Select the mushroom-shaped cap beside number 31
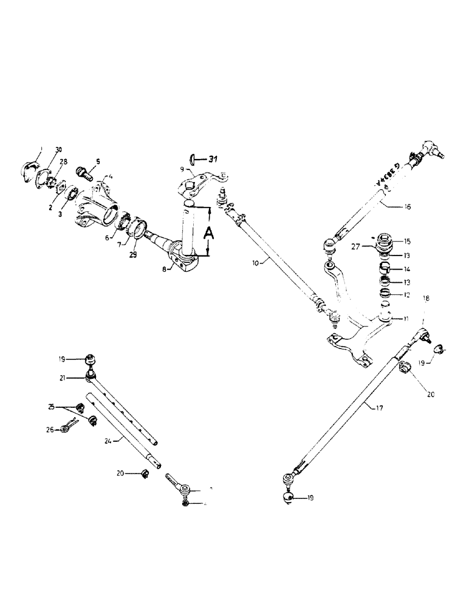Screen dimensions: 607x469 click(191, 159)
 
